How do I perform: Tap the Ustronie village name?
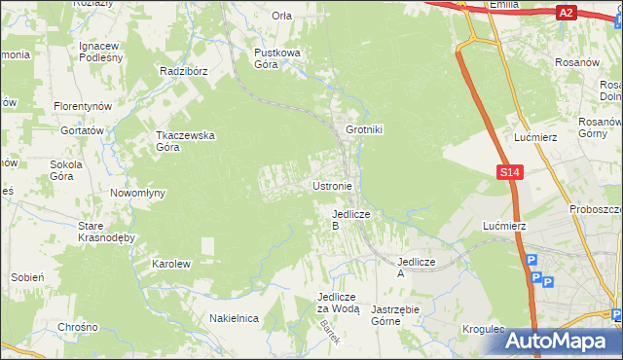[338, 186]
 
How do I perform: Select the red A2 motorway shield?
[566, 13]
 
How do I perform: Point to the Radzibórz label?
[185, 71]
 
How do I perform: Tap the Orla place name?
[282, 16]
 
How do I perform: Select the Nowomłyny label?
[137, 193]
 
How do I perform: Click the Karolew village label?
[170, 264]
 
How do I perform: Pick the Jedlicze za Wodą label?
[339, 303]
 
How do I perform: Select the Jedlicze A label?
[414, 268]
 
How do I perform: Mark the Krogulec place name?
[484, 329]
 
